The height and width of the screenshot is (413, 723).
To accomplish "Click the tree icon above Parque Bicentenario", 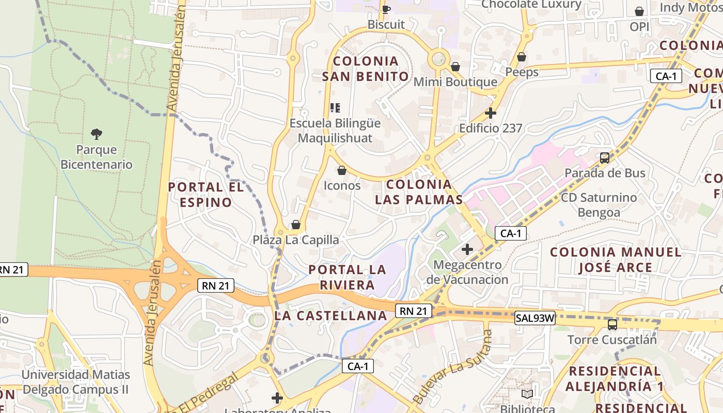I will pos(96,134).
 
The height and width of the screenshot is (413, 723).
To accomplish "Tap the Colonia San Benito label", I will pos(366,69).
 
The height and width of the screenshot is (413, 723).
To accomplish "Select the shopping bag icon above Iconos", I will pos(341,170).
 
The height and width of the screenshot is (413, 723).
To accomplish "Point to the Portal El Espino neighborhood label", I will pos(206,195).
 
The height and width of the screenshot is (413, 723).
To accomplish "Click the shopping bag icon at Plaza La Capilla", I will pos(296,225).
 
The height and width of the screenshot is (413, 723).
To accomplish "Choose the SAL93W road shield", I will pos(535,319).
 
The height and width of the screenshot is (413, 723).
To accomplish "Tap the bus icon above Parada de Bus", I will pos(605,157).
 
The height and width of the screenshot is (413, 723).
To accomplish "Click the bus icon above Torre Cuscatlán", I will pos(612,325).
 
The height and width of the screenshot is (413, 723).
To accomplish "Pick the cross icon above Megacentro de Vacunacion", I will pos(467,250).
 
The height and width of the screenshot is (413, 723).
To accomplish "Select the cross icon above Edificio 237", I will pos(491,113).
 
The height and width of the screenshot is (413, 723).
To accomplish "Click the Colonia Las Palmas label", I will pos(419,192).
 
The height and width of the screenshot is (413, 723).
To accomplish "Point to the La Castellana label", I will pos(331,315).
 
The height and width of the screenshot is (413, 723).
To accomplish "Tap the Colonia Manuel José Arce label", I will pos(616,260).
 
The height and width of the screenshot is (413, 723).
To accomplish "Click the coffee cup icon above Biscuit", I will pos(386,9).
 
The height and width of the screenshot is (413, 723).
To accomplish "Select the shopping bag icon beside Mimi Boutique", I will pos(455,67).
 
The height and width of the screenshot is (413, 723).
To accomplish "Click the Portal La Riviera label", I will pos(347,277).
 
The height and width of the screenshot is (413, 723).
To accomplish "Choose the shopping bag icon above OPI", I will pos(639,11).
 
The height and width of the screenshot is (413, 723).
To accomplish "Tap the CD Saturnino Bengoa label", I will pos(599,205).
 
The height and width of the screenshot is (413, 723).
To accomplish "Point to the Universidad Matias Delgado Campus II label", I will pos(76,382).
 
